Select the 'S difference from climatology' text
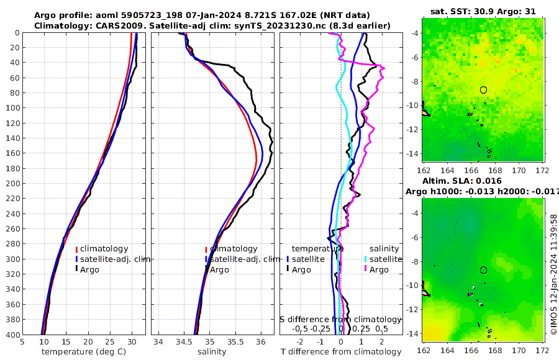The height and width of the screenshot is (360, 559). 340,318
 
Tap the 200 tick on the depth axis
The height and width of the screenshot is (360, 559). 13,184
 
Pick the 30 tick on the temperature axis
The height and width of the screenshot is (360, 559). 132,341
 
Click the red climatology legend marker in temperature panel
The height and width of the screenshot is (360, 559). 76,250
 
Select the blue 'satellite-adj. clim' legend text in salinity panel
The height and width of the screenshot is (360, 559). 243,259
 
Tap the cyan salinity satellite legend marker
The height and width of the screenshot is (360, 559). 366,259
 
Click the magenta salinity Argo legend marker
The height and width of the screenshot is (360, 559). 366,269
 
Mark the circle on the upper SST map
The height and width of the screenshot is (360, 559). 483,90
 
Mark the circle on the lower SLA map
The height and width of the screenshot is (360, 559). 483,270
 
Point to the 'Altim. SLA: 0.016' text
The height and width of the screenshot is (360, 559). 479,181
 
